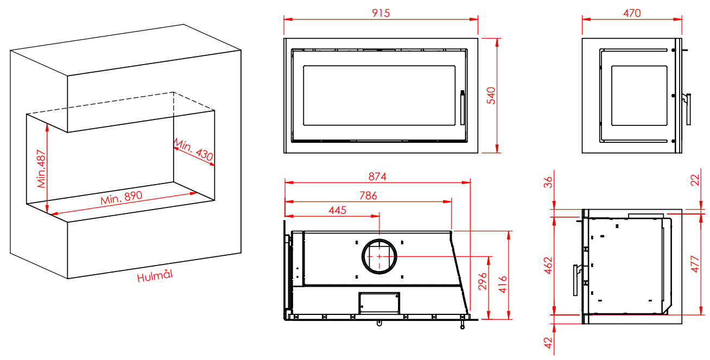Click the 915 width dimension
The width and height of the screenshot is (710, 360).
point(381,13)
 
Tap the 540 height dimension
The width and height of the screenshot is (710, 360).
point(491,96)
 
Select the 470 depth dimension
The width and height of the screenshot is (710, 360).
point(632,13)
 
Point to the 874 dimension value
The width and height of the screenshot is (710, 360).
point(377,176)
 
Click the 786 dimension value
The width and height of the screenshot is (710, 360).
point(368,195)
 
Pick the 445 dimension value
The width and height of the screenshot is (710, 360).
point(337,210)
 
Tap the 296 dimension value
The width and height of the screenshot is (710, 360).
point(483,281)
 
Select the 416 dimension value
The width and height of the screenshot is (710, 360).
point(503,284)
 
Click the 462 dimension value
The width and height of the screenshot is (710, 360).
point(548,265)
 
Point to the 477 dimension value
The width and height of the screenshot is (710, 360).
point(695,264)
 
